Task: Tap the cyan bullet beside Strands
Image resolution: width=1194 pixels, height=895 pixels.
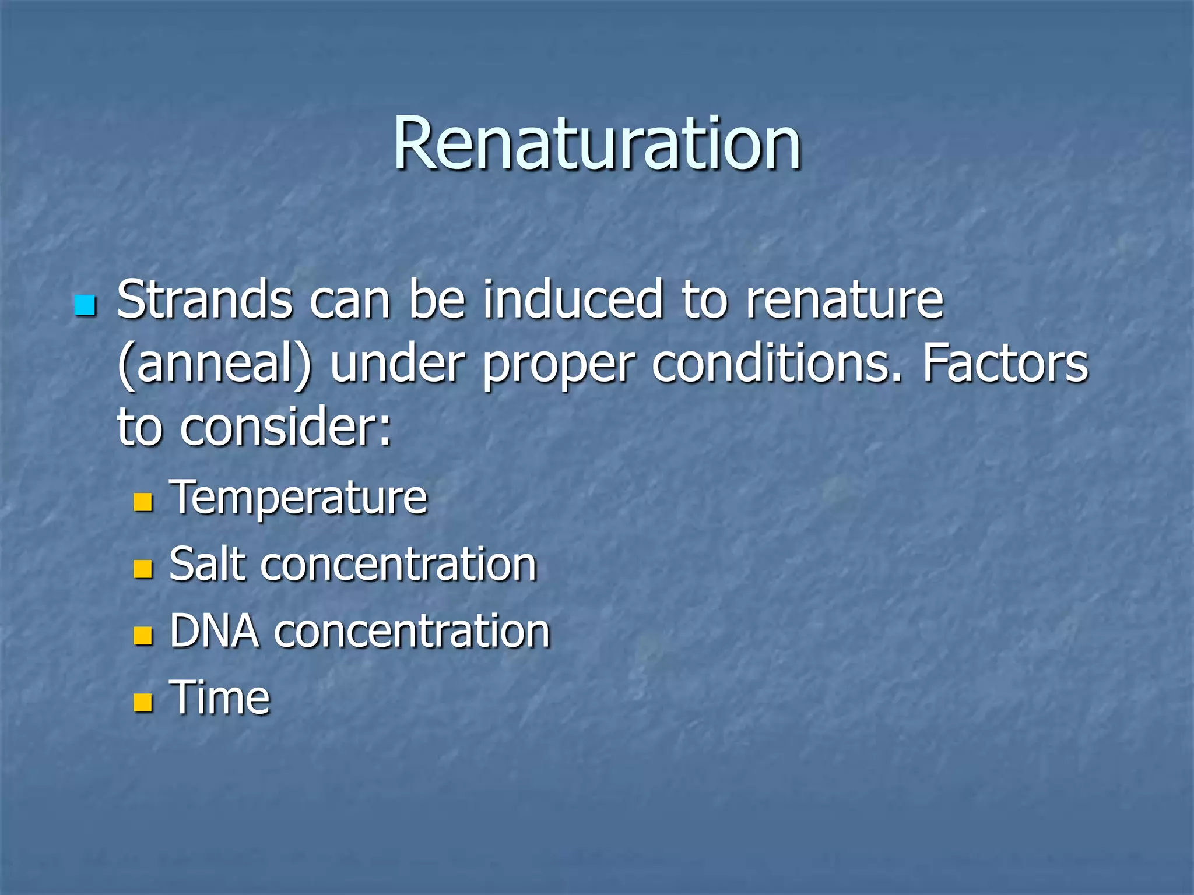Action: point(85,305)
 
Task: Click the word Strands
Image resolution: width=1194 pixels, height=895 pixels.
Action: point(205,299)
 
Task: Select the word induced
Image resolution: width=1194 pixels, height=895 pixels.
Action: point(573,299)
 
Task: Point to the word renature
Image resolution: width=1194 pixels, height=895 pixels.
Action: point(845,301)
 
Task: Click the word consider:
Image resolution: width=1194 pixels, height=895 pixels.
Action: point(286,428)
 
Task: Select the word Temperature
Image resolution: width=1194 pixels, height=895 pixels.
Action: point(298,498)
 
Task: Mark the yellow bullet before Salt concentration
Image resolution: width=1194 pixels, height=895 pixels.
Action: point(143,569)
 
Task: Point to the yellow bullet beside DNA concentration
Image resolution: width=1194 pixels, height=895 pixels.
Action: point(143,636)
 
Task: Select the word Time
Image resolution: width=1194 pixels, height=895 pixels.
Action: point(220,697)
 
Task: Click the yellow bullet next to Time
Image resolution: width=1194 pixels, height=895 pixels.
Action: point(143,702)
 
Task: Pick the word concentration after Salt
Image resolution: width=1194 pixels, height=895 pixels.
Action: point(398,565)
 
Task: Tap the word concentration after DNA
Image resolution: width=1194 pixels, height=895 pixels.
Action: point(412,632)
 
